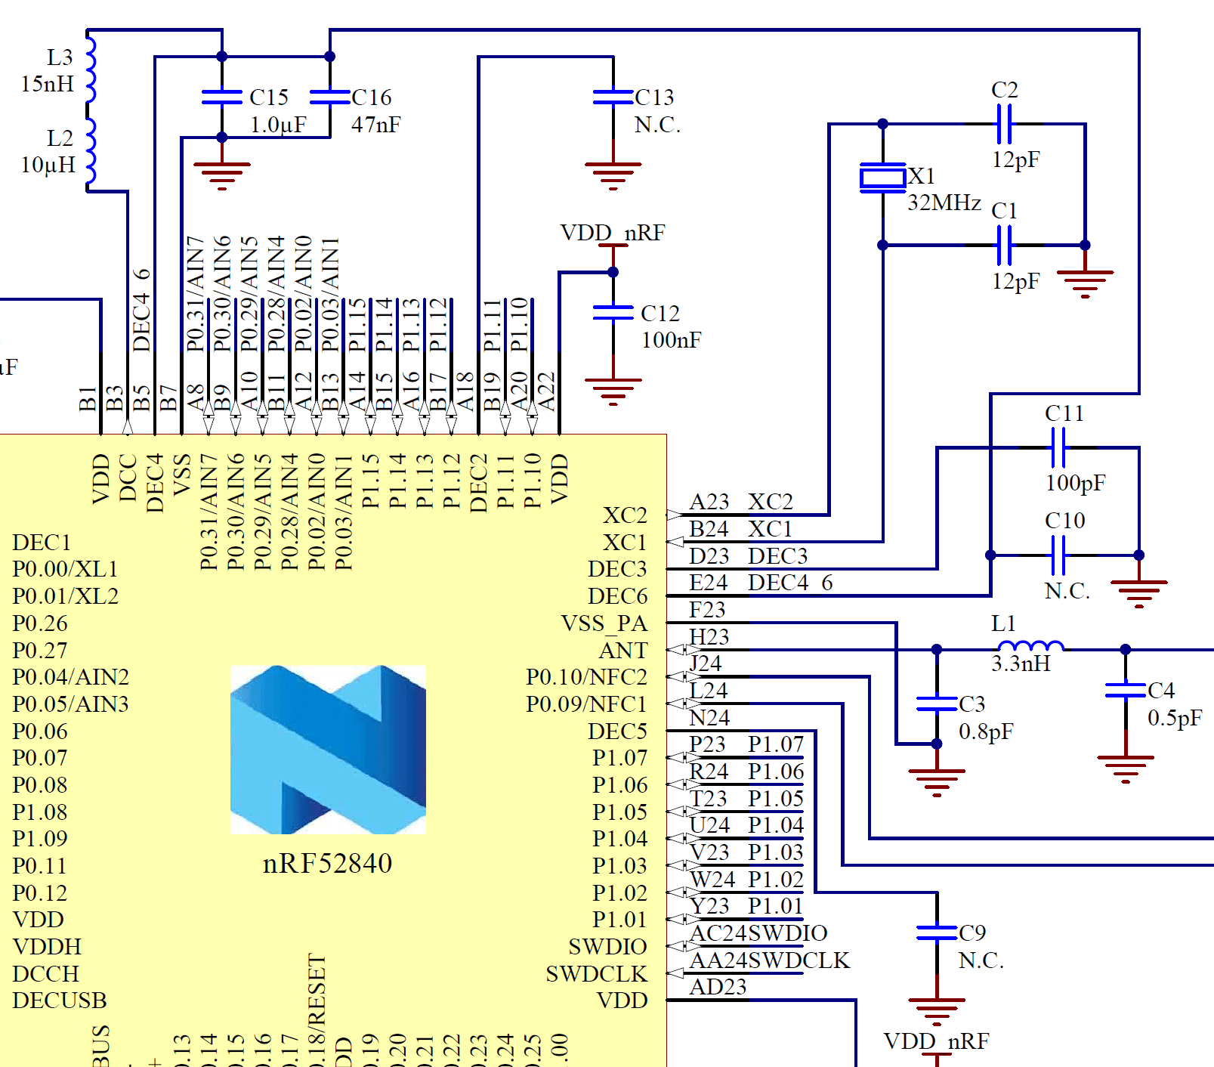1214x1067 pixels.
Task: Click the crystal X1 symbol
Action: [882, 178]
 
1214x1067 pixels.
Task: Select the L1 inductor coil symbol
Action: [1030, 646]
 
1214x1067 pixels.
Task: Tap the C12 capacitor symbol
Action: [613, 313]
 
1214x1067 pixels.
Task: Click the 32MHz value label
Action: [944, 203]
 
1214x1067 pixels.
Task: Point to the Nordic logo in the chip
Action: [328, 749]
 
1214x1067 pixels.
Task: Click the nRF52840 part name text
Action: [327, 863]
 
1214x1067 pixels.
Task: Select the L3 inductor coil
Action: [91, 69]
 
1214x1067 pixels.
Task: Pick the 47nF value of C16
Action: [375, 125]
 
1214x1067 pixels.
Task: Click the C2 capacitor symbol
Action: [1004, 124]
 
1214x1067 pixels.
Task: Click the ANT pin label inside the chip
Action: [623, 651]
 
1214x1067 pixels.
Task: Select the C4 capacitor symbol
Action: [1125, 691]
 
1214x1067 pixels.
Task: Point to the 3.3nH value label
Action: [1021, 663]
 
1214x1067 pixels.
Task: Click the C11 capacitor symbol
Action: [1058, 447]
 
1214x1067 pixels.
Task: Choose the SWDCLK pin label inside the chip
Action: [596, 974]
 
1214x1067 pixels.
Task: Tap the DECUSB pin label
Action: [60, 1001]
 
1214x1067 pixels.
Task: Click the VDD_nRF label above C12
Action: [612, 233]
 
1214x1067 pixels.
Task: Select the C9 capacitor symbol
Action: [937, 933]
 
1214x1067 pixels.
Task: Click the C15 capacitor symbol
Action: [221, 97]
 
